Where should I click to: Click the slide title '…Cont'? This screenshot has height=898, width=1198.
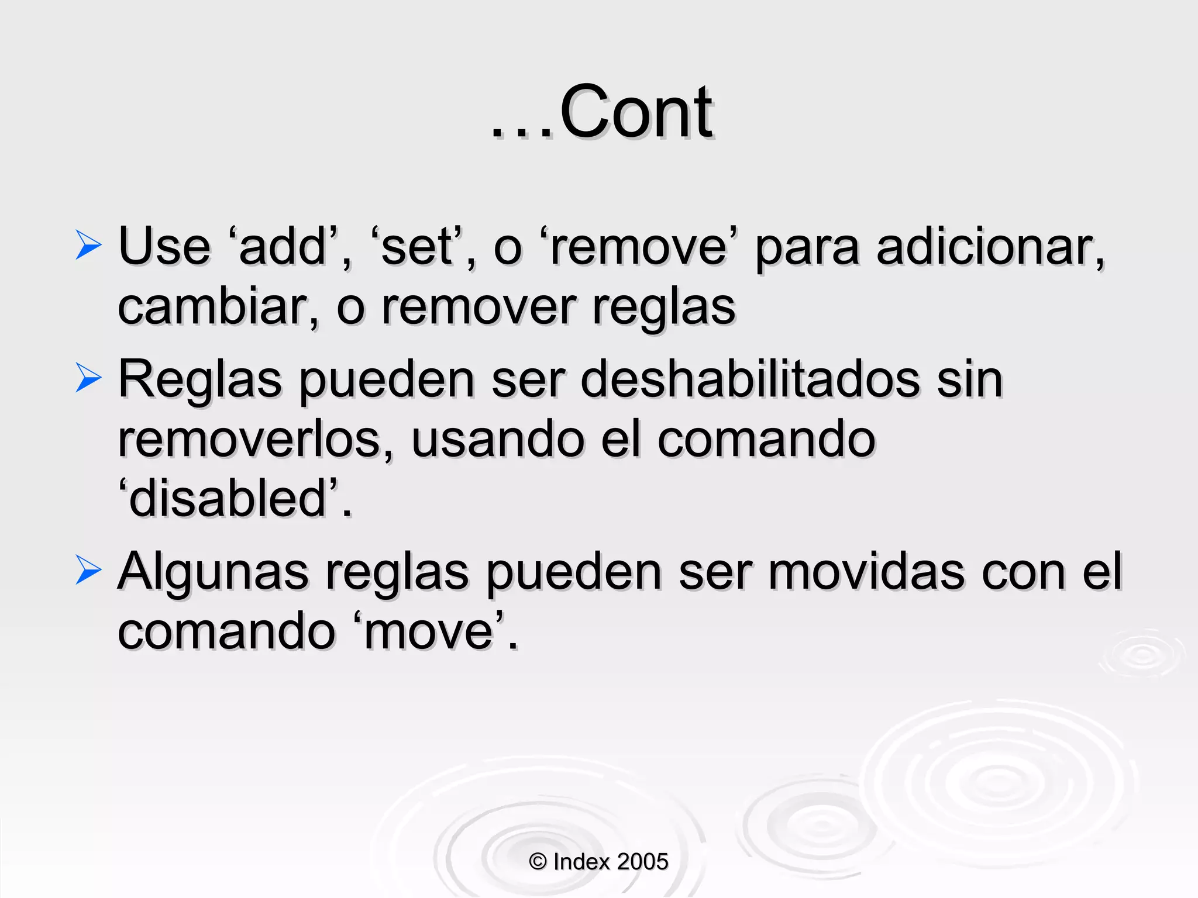tap(601, 112)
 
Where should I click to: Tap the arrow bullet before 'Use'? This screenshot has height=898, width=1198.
tap(88, 245)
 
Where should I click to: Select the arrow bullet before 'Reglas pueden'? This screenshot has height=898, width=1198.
tap(88, 378)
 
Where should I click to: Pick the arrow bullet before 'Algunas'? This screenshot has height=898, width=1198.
tap(88, 570)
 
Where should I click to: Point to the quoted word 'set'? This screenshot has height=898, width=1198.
tap(417, 247)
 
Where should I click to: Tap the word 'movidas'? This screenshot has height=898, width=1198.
tap(866, 572)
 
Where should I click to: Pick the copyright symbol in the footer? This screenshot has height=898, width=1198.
tap(538, 862)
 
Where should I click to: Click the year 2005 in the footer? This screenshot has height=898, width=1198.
tap(642, 862)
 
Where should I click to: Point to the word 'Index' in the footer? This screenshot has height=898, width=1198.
tap(582, 862)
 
